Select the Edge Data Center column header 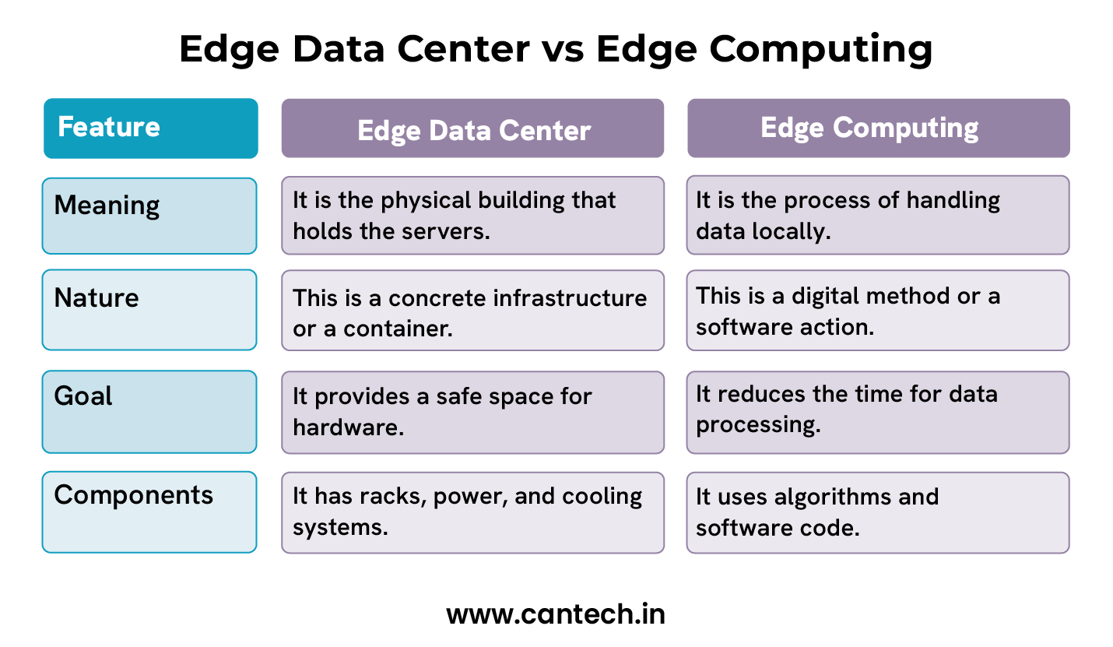[x=472, y=129]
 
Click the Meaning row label [x=107, y=206]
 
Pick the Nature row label [x=97, y=297]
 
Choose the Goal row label [x=83, y=396]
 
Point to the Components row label [x=133, y=495]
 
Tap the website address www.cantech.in [x=556, y=614]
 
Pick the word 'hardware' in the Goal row [x=348, y=427]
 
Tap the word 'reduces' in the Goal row [x=761, y=394]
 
